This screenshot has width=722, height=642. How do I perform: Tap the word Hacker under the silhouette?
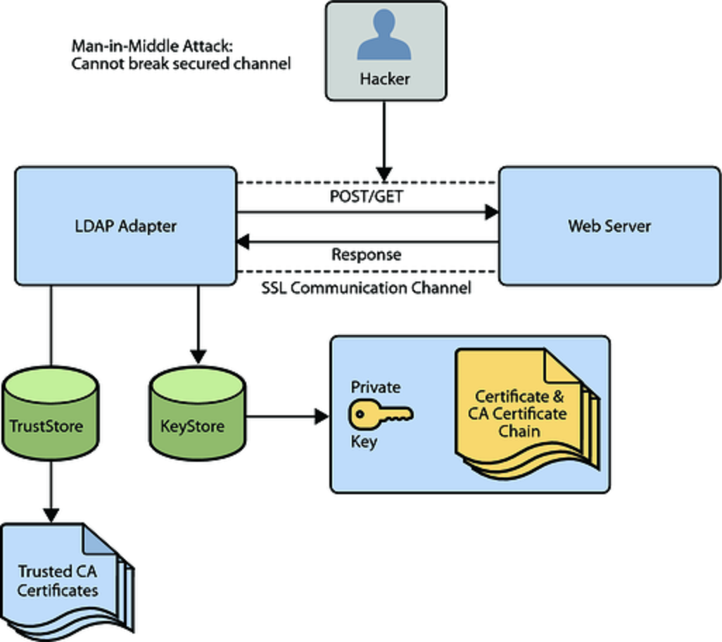[385, 79]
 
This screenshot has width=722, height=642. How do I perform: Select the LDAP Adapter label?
[125, 226]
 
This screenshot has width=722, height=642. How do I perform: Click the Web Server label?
[609, 226]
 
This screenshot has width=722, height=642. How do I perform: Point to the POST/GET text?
[367, 196]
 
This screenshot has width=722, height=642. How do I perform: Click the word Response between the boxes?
[367, 254]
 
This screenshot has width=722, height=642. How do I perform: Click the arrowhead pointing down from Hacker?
[384, 173]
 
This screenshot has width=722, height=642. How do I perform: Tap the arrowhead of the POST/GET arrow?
[490, 211]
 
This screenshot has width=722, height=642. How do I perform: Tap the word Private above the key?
[376, 387]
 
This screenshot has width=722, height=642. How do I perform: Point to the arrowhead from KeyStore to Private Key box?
[322, 416]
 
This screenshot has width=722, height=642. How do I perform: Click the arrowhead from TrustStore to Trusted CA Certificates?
[51, 515]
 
